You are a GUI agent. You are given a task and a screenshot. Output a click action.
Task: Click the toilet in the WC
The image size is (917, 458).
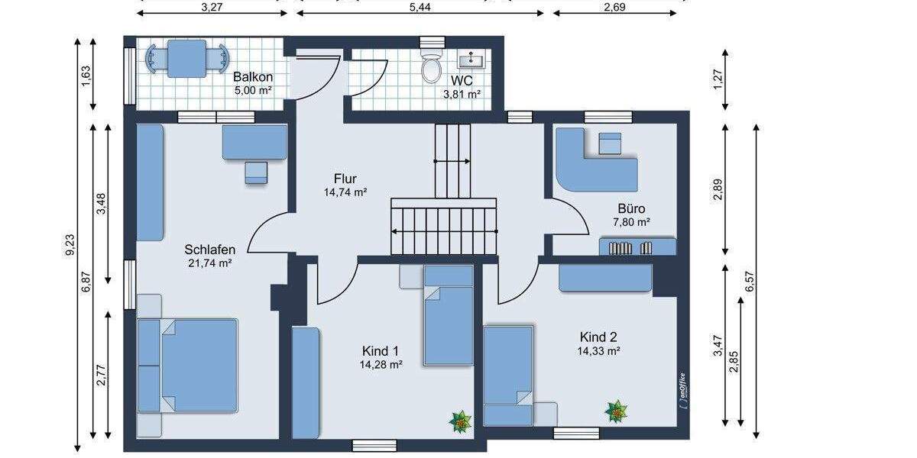tap(432, 67)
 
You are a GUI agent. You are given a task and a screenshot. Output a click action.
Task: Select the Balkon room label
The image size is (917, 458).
tap(253, 77)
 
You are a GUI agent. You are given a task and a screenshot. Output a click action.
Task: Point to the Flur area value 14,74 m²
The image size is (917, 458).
tap(345, 192)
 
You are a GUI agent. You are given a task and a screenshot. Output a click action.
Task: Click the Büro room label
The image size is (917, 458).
tap(632, 208)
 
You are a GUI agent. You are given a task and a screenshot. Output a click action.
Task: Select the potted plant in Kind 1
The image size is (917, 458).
tap(461, 419)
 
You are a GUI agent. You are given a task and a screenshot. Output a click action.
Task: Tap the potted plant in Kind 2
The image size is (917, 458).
tap(617, 411)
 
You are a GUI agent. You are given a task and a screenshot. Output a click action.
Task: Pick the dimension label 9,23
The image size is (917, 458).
tap(70, 244)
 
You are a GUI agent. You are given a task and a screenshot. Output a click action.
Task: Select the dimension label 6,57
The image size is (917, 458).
tap(750, 282)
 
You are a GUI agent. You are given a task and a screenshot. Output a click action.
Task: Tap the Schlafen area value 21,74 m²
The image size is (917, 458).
tap(209, 263)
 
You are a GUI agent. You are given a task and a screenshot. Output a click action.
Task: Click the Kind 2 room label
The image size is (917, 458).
tap(598, 337)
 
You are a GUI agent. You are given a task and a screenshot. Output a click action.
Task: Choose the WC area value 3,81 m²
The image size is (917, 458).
tap(462, 95)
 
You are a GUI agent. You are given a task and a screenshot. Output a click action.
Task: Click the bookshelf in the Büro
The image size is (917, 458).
tap(637, 247)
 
